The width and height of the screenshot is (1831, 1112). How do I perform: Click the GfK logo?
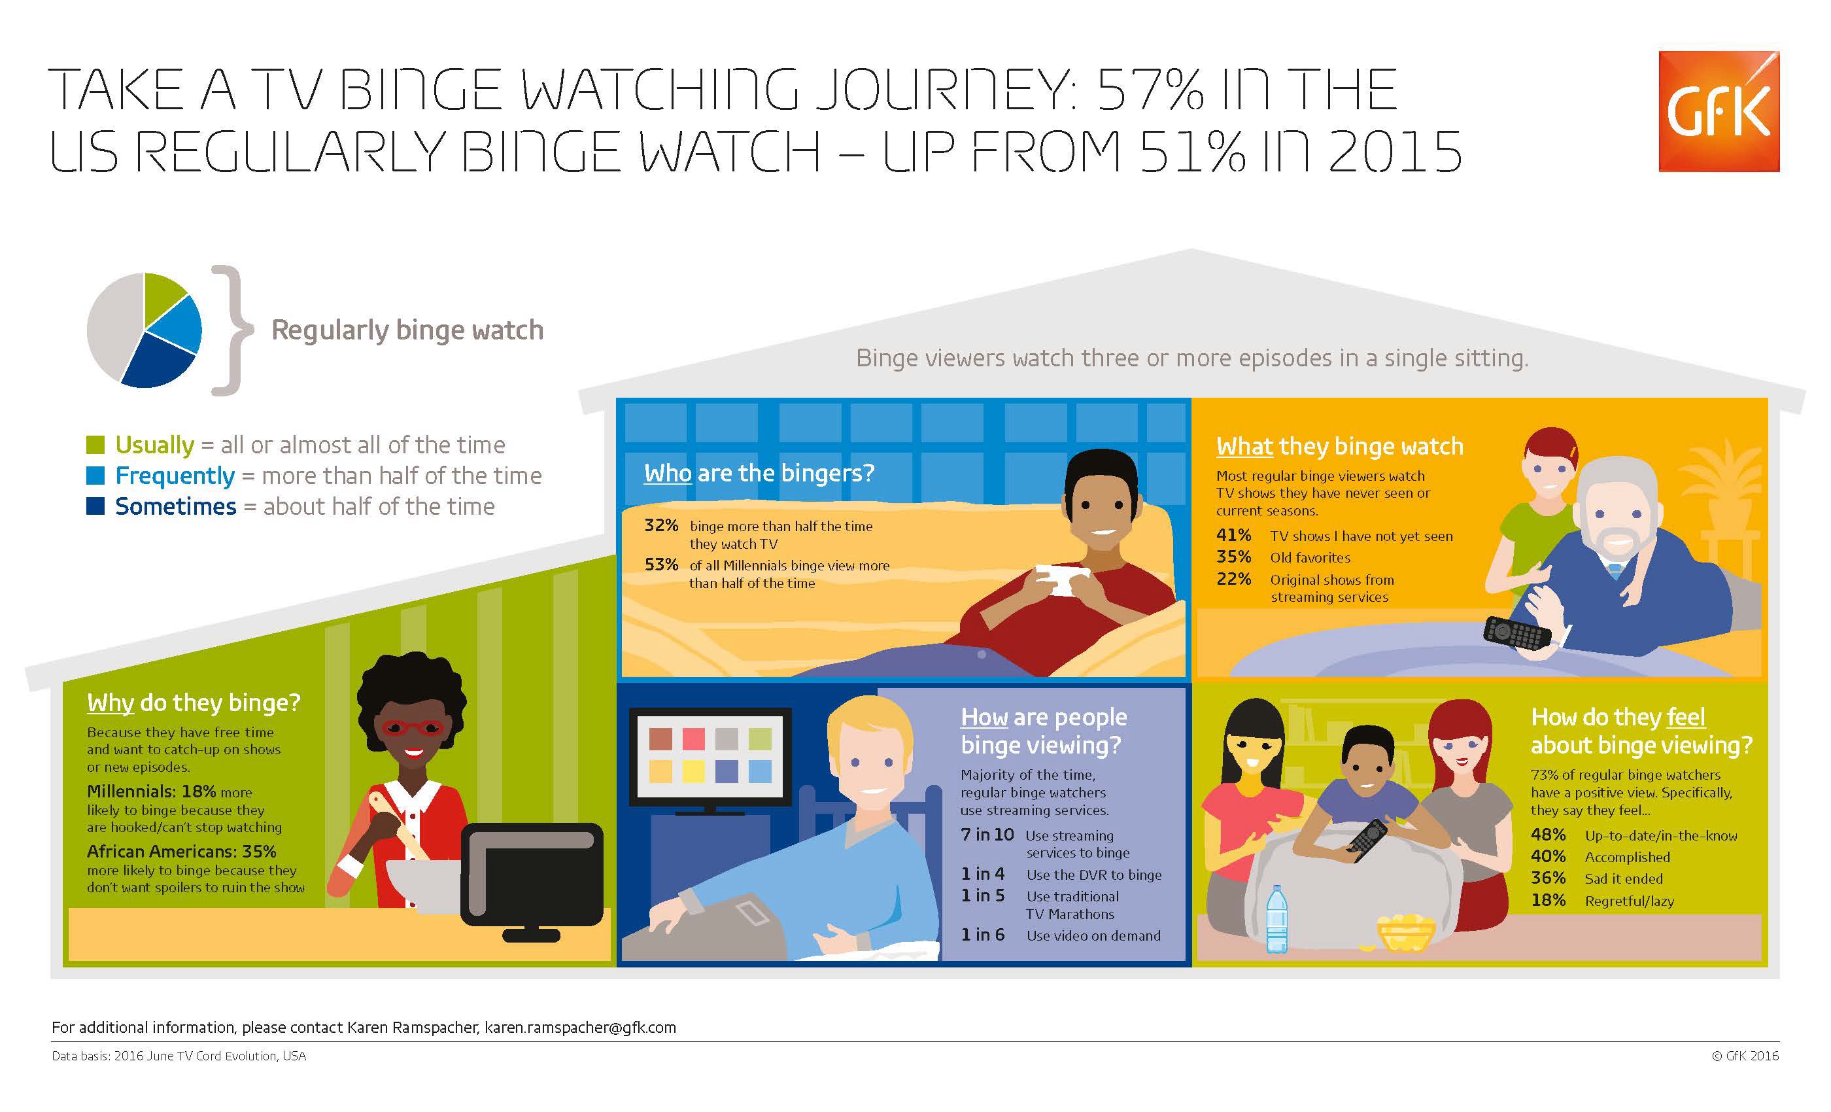click(x=1718, y=111)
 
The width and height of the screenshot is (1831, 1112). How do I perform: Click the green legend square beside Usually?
click(x=95, y=445)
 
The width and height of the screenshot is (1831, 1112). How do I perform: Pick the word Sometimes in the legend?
click(x=175, y=506)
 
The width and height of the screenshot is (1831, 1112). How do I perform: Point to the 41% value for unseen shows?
click(x=1233, y=535)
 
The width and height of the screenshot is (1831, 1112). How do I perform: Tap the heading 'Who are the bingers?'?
click(x=759, y=473)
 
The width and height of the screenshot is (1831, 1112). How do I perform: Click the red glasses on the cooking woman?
click(x=413, y=726)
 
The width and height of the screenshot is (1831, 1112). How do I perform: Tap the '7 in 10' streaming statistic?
click(x=987, y=835)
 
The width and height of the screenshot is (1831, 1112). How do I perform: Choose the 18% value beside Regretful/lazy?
click(x=1548, y=900)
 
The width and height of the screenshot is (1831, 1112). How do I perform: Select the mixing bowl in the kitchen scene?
click(x=424, y=885)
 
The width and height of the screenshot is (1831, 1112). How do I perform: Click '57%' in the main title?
click(x=1150, y=90)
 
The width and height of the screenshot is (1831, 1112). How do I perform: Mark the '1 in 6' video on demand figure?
click(x=982, y=934)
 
